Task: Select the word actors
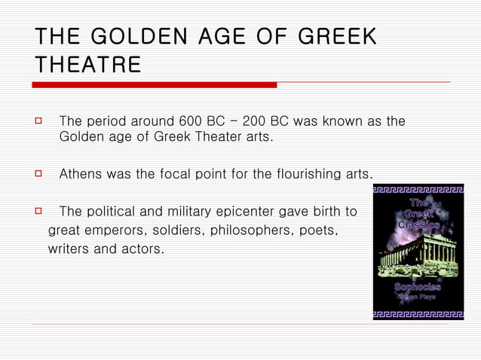[142, 246]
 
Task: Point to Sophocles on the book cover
[418, 287]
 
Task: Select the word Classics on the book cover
[418, 224]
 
